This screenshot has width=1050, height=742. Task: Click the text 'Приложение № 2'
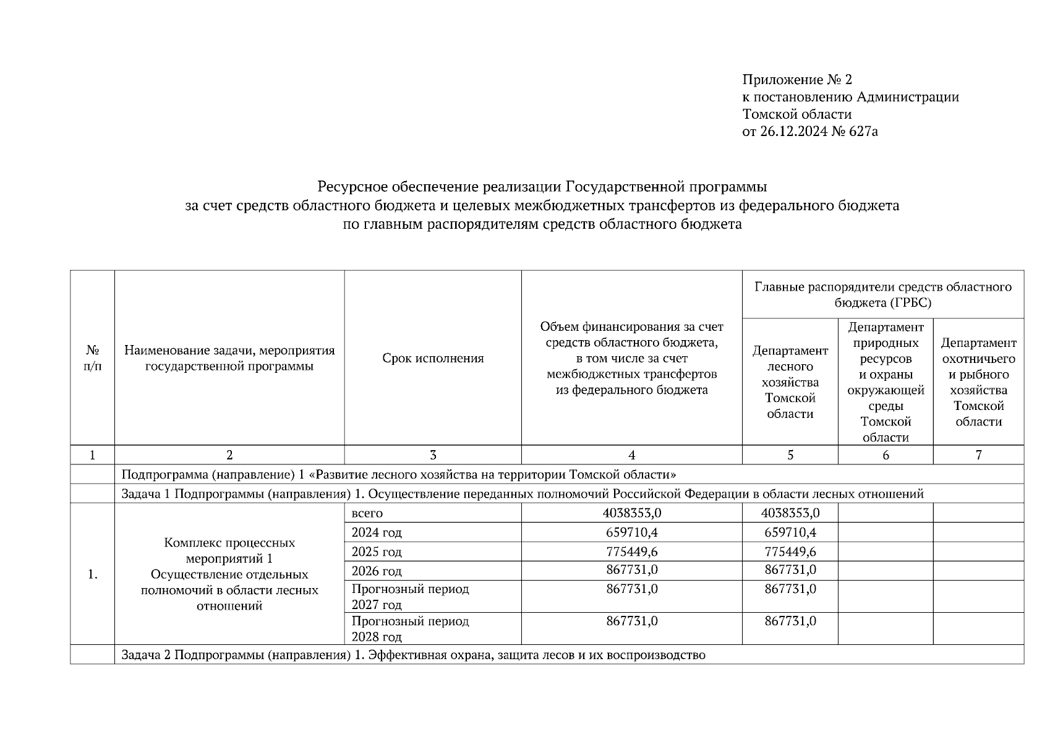(x=796, y=80)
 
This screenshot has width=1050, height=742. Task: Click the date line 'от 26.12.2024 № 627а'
(x=809, y=132)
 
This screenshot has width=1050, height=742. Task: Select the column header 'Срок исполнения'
(x=432, y=358)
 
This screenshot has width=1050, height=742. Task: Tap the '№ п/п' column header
(x=92, y=358)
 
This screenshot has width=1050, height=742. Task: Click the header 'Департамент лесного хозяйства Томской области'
(x=790, y=382)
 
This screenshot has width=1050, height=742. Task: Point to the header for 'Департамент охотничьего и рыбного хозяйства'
(x=978, y=382)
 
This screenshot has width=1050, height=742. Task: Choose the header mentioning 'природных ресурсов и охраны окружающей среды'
(x=885, y=382)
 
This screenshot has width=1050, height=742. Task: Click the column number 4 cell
(x=631, y=455)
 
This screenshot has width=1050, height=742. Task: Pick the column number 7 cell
(x=978, y=455)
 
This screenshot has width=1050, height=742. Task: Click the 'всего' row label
(x=367, y=513)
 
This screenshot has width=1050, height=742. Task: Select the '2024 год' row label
(x=376, y=532)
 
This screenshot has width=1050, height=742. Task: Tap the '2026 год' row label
(x=376, y=571)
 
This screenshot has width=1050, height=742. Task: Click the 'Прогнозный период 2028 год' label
(x=409, y=628)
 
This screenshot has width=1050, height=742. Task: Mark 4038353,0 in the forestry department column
(x=790, y=513)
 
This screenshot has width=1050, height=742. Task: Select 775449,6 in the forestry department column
(x=790, y=552)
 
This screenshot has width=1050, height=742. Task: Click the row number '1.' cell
(x=92, y=574)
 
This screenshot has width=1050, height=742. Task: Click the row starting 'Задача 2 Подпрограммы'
(x=412, y=655)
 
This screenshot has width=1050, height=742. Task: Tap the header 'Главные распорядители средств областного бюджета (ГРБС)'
(x=882, y=294)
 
